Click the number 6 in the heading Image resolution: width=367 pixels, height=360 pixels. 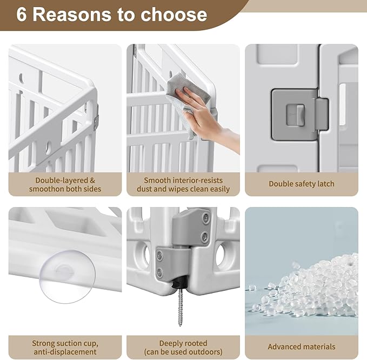coord(21,15)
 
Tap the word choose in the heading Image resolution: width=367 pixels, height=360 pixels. coord(174,15)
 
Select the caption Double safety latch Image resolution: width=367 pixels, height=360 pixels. coord(302,184)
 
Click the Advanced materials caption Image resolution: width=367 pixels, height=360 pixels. coord(302,346)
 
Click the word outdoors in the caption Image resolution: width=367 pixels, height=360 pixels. coord(204,352)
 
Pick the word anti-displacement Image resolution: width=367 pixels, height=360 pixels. coord(65,352)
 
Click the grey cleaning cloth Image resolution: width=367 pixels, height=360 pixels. coord(187,98)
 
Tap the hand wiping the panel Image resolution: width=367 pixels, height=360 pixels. coord(206,117)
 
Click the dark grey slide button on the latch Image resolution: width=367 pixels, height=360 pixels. coord(300,115)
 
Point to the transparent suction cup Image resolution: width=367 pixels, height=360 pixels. coord(67,276)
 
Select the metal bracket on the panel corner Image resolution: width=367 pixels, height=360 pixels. coord(96,117)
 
